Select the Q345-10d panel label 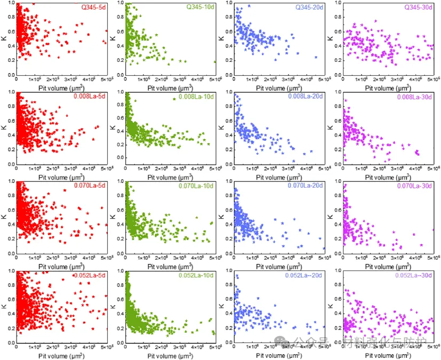pos(201,7)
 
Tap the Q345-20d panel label pos(310,7)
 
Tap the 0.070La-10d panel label pos(197,186)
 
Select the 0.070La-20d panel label pos(306,186)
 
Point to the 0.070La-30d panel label pos(415,186)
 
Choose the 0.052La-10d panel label pos(197,275)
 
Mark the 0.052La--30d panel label pos(414,275)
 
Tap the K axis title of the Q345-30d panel pos(331,38)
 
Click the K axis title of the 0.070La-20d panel pos(222,217)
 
